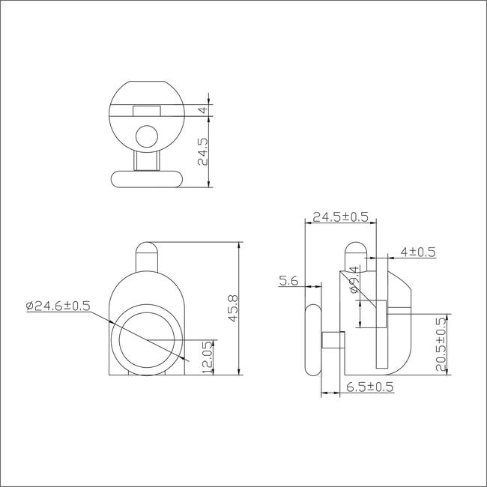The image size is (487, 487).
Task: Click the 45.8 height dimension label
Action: tap(232, 309)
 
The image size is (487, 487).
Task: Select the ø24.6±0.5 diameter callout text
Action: tap(58, 306)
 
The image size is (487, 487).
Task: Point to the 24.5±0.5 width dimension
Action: tap(340, 217)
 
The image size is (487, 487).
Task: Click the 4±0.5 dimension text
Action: tap(418, 252)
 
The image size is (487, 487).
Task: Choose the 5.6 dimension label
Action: tap(288, 281)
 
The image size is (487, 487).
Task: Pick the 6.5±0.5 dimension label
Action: tap(370, 387)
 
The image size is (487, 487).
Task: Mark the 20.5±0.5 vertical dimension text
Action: tap(441, 344)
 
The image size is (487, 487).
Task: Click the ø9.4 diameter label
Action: tap(354, 279)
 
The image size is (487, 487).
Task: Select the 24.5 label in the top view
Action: tap(203, 151)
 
